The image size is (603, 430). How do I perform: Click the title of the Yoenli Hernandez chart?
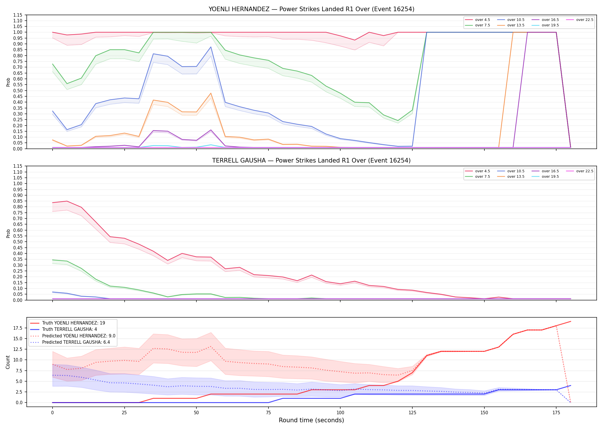click(311, 9)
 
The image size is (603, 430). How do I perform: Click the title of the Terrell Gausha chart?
click(311, 161)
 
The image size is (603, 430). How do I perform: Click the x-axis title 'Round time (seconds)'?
click(311, 420)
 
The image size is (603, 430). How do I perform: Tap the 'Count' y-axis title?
click(8, 362)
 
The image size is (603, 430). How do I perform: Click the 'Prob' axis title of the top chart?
click(8, 82)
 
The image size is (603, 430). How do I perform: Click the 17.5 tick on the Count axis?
click(19, 328)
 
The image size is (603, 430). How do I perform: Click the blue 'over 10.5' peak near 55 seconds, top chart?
click(211, 47)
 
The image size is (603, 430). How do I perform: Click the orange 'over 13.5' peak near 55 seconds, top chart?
click(211, 93)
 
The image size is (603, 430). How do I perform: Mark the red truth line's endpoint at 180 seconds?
click(571, 321)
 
